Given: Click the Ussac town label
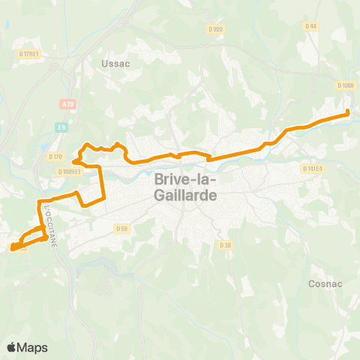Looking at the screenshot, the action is (x=115, y=64).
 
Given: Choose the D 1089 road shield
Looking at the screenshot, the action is (x=345, y=85).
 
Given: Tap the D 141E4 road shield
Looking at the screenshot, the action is (x=313, y=169).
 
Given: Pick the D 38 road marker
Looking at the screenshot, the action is (x=224, y=245).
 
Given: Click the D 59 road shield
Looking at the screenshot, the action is (x=122, y=228).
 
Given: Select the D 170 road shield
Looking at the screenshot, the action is (x=55, y=156).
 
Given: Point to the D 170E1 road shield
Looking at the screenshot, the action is (x=28, y=54).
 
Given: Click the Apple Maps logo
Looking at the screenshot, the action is (x=27, y=347).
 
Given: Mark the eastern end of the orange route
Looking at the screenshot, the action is (x=347, y=113).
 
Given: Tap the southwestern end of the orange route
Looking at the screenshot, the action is (x=13, y=247).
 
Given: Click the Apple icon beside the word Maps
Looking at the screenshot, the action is (x=11, y=347).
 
